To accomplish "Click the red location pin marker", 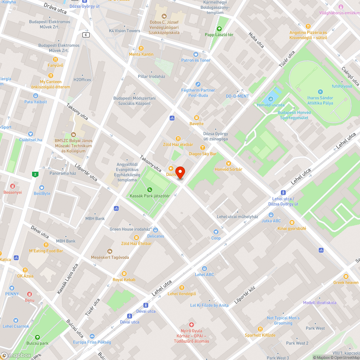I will click(x=180, y=172).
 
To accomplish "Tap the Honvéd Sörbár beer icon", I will click(x=228, y=163).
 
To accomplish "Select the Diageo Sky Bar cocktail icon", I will click(x=203, y=148).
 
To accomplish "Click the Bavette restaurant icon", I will click(x=197, y=117).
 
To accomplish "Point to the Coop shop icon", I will click(x=216, y=232).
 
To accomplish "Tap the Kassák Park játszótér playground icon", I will click(x=149, y=190).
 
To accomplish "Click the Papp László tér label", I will click(x=219, y=35).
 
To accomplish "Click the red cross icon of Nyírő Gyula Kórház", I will click(x=192, y=325).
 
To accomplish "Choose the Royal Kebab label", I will click(x=124, y=280).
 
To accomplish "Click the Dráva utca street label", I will click(x=55, y=8).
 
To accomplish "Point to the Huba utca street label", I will click(x=256, y=40).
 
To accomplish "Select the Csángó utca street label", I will click(x=350, y=76).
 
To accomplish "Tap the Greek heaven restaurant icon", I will click(x=346, y=276).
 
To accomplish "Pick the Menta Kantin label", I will click(x=141, y=54).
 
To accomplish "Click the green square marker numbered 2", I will click(x=35, y=175).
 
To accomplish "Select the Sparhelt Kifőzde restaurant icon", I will click(x=260, y=329).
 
